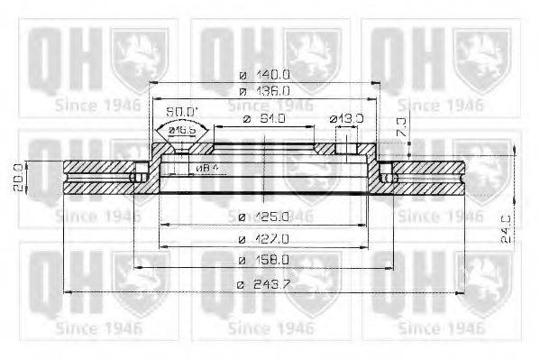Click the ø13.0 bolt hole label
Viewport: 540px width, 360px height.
tap(346, 119)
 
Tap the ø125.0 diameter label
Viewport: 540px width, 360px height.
tap(264, 217)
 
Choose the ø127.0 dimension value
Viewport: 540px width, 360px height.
tap(264, 239)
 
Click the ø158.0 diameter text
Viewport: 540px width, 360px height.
tap(264, 261)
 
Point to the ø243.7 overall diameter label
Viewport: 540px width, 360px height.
tap(264, 285)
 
